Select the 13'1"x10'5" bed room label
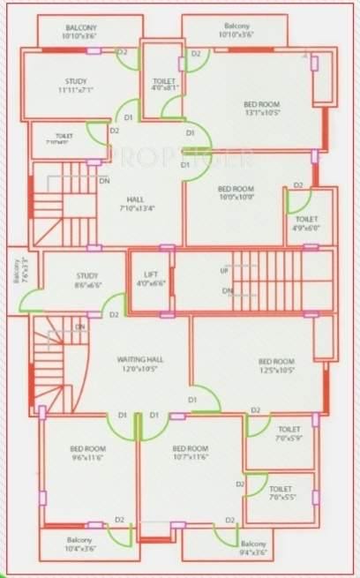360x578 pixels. pos(263,109)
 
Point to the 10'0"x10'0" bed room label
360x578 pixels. pos(236,193)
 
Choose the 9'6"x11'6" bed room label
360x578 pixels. pos(87,454)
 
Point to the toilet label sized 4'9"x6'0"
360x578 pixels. pos(306,223)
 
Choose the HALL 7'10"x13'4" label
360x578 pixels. pos(136,204)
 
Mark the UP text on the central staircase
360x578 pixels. pos(225,270)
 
